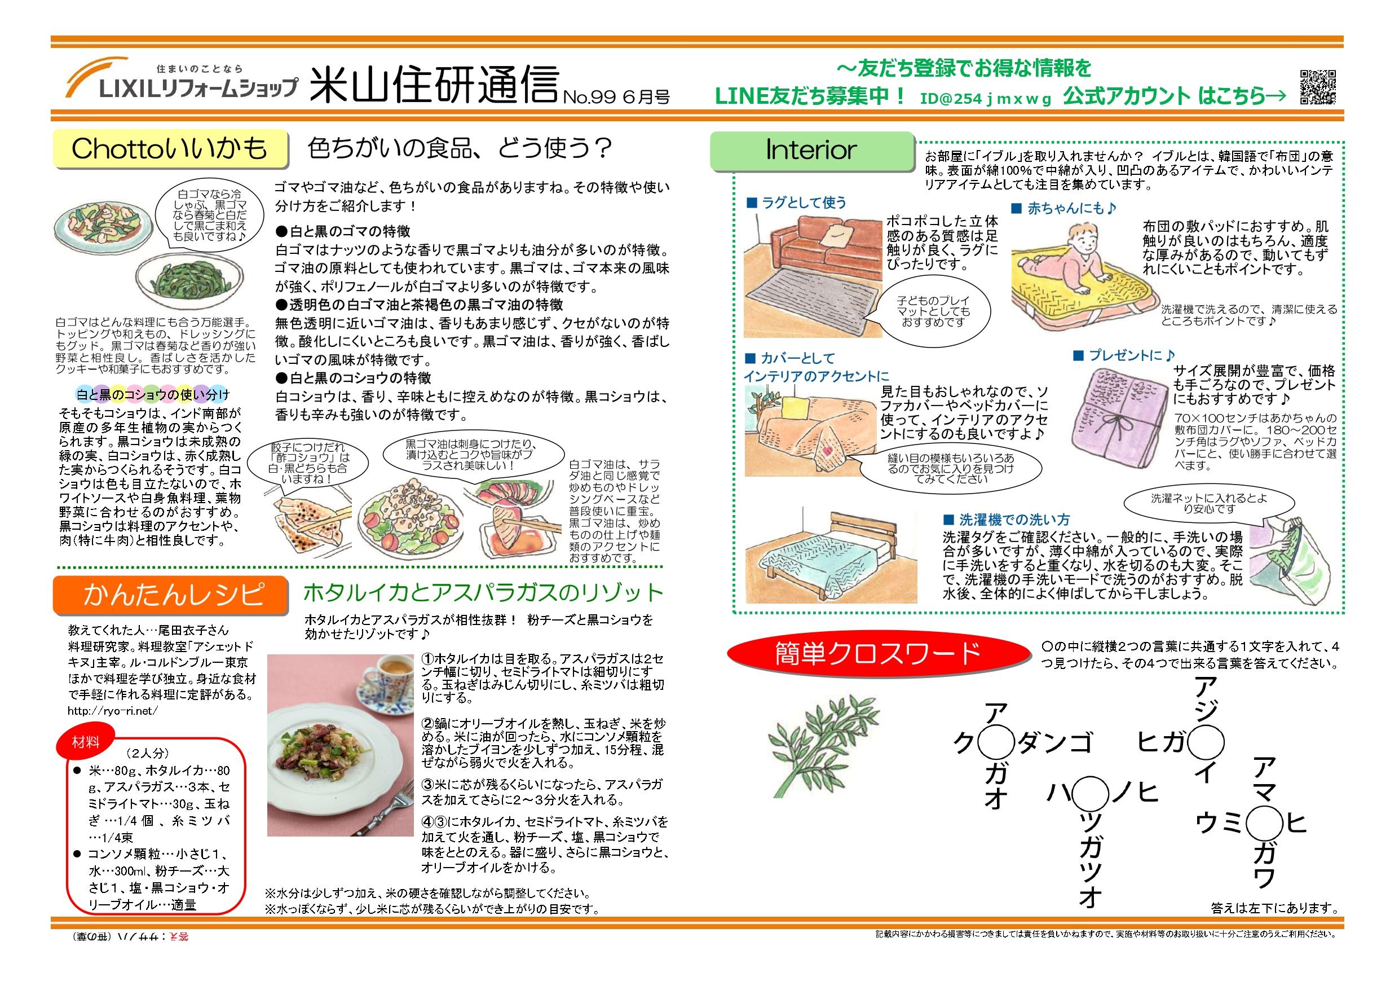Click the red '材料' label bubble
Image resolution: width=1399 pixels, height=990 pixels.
point(85,742)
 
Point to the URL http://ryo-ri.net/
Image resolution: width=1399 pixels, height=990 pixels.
point(113,710)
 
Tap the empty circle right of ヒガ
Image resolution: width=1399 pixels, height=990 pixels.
point(1204,742)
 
